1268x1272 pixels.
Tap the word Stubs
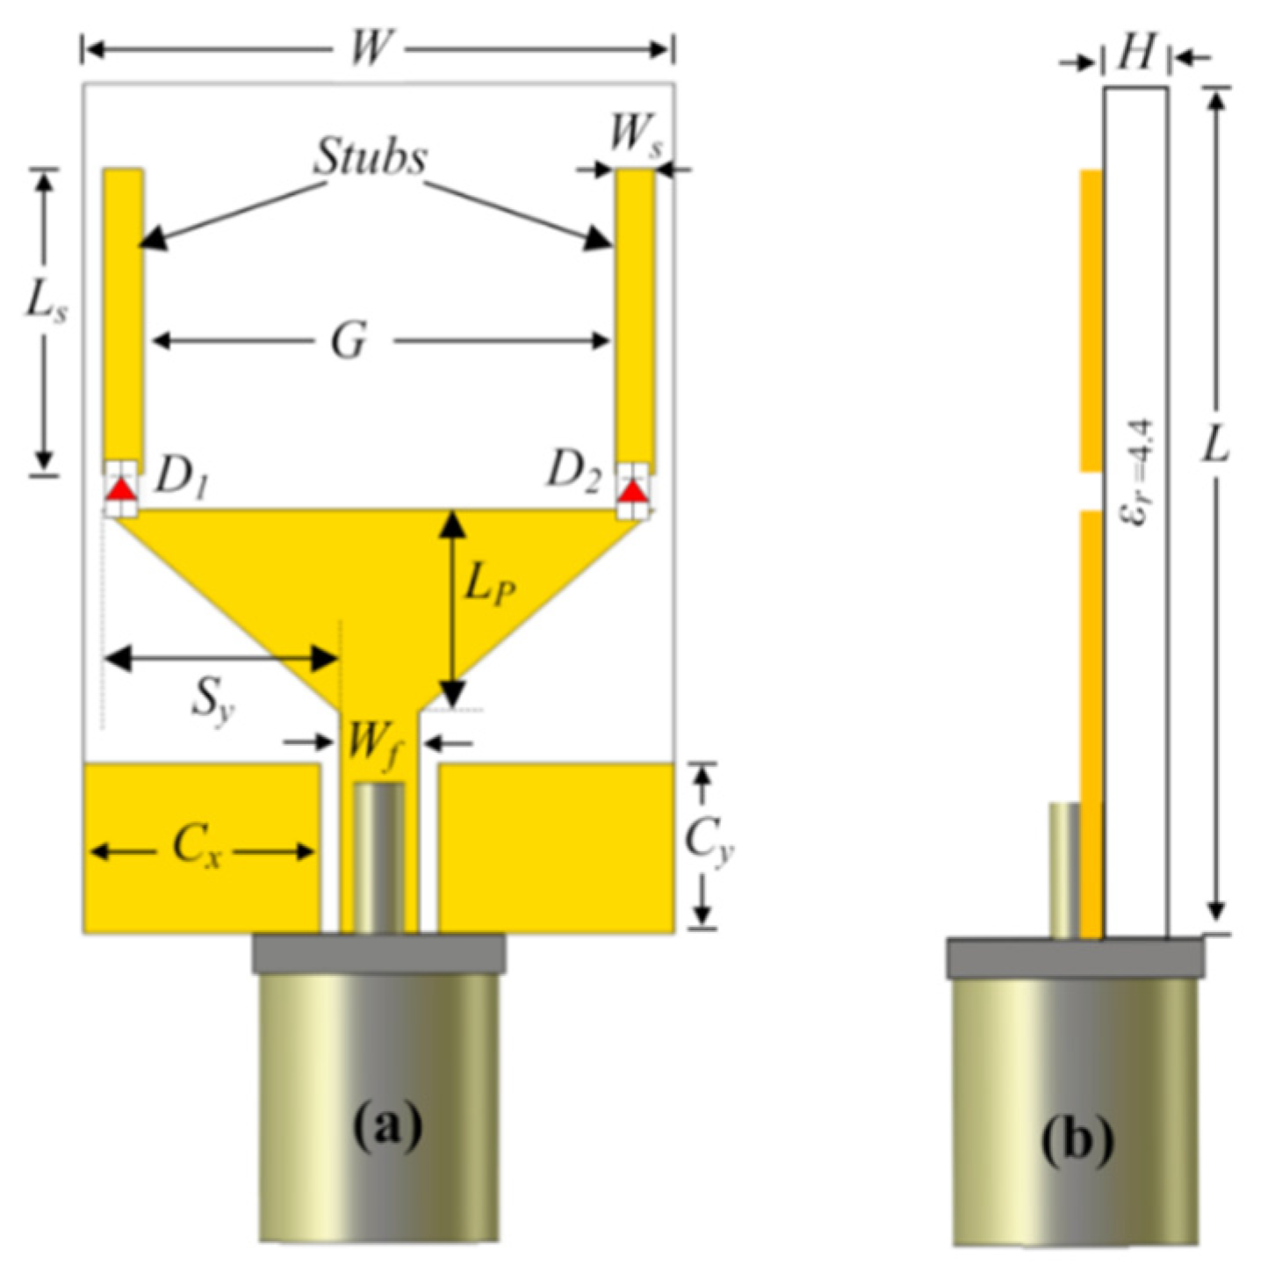click(x=371, y=158)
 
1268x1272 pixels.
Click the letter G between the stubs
click(x=349, y=341)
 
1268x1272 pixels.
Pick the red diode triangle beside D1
click(x=121, y=490)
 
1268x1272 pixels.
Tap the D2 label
click(x=573, y=473)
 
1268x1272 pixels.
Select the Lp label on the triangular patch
click(x=489, y=586)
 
